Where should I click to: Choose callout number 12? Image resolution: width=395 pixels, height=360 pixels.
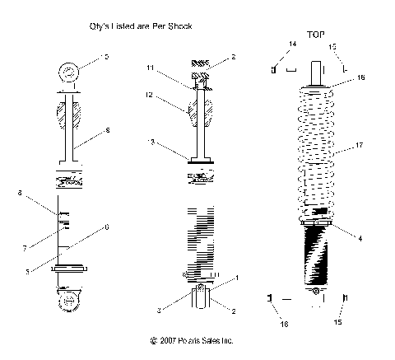tap(149, 96)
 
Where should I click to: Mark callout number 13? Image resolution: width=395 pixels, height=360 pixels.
tap(150, 143)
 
